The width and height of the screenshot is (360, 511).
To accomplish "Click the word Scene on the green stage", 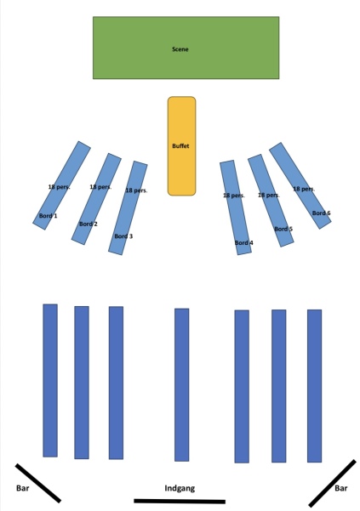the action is coord(180,49).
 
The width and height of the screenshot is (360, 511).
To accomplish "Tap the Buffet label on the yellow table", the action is coord(180,145).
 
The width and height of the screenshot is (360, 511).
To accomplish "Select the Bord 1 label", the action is coord(49,216).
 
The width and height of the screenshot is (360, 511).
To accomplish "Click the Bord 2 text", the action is coord(89,224).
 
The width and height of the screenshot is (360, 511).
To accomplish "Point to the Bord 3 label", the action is coord(123,236).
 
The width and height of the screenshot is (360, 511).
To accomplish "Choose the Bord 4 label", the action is coord(244,242).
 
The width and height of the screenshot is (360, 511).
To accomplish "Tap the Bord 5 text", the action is coord(283,229).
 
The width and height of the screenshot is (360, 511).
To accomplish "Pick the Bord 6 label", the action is coord(321,213).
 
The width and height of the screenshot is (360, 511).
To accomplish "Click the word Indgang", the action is coord(180,488).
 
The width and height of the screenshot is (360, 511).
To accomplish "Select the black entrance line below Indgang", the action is coord(180,502).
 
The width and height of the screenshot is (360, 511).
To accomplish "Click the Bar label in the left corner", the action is coord(22,488).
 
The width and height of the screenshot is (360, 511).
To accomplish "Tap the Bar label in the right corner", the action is coord(341,488).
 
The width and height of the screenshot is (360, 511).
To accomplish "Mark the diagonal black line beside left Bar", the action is coord(38,483).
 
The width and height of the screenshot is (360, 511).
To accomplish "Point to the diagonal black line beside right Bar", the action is coord(332,483).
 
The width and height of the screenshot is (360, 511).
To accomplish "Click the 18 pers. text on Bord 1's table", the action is coord(59,187).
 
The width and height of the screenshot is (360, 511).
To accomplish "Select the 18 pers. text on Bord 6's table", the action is coord(304,189).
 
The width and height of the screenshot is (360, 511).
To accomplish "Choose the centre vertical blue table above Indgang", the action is coord(181,385).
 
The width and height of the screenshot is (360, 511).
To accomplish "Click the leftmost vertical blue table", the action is coord(50,380).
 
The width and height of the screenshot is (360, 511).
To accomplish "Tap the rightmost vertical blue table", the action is coord(314,386).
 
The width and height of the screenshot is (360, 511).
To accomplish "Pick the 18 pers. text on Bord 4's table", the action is coord(234,196).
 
